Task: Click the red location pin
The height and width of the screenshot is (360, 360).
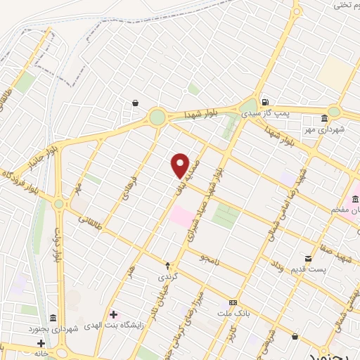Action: click(x=181, y=165)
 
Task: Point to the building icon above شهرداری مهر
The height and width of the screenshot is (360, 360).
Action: click(x=323, y=118)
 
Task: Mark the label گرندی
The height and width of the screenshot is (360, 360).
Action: click(x=167, y=277)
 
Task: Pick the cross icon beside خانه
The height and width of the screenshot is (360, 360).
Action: click(x=41, y=343)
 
